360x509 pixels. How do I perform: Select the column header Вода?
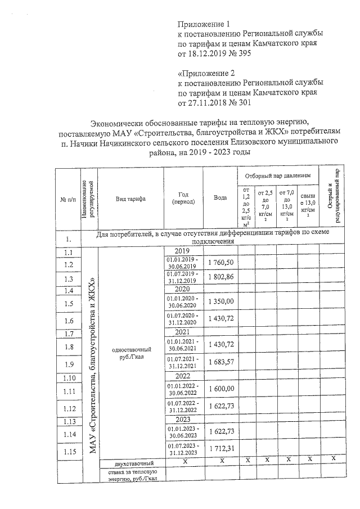coord(221,198)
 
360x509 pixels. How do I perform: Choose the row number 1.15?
coord(70,451)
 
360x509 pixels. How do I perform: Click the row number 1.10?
coord(70,377)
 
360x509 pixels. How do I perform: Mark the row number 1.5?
coord(70,304)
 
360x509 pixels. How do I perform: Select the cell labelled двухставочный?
coord(130,463)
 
